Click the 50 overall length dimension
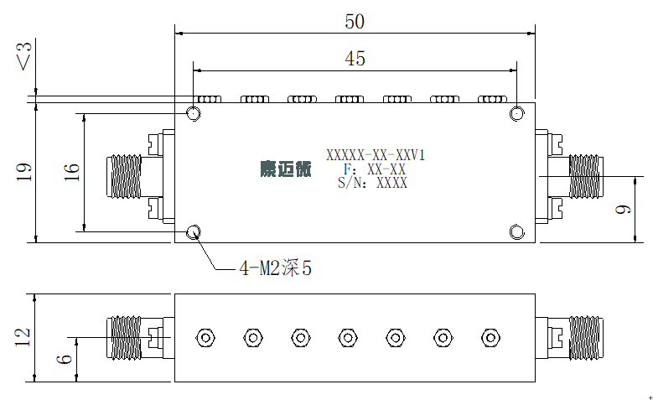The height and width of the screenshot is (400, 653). pos(355,22)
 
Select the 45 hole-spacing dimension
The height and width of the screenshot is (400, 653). pos(355,59)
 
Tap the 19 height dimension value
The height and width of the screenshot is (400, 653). pos(23,172)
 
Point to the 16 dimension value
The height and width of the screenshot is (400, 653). pos(71,172)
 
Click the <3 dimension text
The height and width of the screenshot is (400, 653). pos(23,56)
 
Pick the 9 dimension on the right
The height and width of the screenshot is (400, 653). pos(623,209)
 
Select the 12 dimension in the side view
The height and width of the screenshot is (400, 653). pos(23,337)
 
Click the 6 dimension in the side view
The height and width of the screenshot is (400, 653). pos(65,359)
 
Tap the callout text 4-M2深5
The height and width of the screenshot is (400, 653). pos(276,268)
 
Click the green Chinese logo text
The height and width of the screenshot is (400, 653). pos(286,169)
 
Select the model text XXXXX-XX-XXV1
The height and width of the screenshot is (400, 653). pos(376,155)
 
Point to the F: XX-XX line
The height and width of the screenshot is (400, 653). pos(375,169)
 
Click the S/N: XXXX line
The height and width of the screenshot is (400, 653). pos(372,183)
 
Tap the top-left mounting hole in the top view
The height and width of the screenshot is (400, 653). pos(194,113)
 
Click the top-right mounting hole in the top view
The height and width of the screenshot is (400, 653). pos(517,113)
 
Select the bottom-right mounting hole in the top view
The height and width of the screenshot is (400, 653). pos(517,232)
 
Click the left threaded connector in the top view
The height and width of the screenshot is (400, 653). pos(124,176)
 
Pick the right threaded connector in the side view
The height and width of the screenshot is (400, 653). pos(586,337)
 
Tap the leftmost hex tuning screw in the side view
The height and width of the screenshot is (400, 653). pos(205,338)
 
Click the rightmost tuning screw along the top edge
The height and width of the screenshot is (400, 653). pos(492,99)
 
